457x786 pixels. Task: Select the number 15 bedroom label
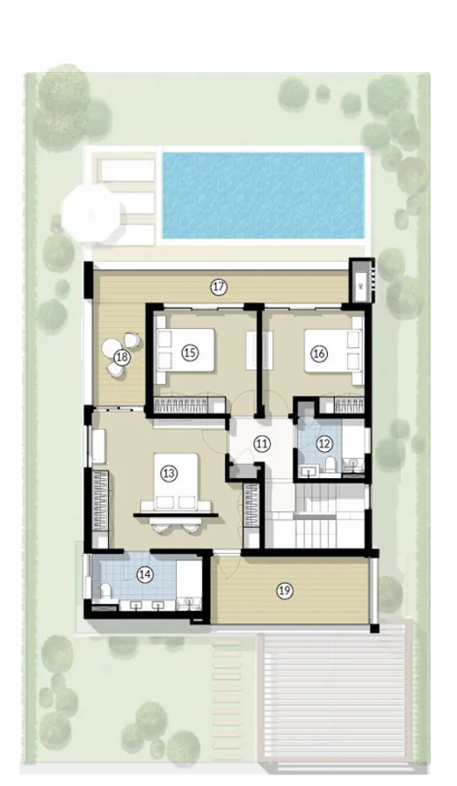pos(188,352)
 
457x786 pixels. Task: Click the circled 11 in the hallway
pos(261,444)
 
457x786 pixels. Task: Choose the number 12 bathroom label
pos(324,444)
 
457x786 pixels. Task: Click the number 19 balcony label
pos(283,590)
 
